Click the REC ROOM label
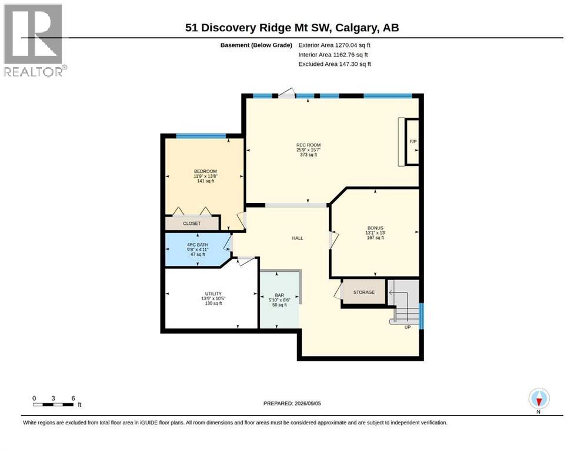point(308,145)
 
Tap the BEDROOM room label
point(205,171)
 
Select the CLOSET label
point(192,224)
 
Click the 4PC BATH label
point(198,245)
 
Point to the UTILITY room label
point(213,294)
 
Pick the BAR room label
point(279,295)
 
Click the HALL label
point(298,238)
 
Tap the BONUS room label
point(375,228)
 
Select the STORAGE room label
point(364,293)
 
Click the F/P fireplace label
point(413,142)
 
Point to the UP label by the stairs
point(408,327)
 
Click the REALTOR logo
point(34,40)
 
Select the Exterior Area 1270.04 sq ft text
point(335,45)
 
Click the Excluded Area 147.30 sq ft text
point(335,64)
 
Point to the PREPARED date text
point(292,404)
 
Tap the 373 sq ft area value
point(308,155)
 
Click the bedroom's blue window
point(201,136)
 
